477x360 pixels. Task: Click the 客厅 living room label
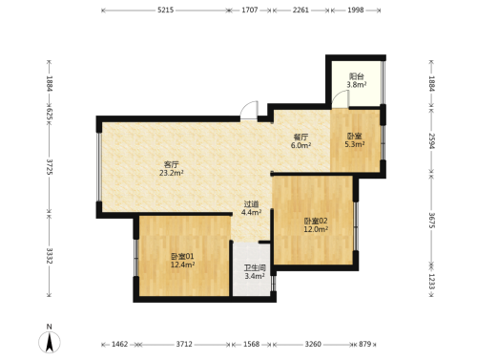point(172,164)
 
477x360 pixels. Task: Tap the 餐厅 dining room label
point(301,137)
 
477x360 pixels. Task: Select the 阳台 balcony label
point(356,76)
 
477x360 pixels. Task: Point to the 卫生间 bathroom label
point(255,268)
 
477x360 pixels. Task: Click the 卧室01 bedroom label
point(182,256)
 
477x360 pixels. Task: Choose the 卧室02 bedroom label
point(316,221)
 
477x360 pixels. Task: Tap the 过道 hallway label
point(251,204)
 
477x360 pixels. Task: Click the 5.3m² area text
point(355,144)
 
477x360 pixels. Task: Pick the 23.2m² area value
point(172,173)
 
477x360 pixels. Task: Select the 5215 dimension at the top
point(166,10)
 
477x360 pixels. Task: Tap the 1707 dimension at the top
point(250,10)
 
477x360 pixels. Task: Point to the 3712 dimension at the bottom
point(184,344)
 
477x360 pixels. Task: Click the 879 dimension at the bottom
point(365,344)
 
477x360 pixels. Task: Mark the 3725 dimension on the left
point(50,167)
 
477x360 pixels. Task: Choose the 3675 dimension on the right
point(431,221)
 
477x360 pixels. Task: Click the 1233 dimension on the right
point(431,282)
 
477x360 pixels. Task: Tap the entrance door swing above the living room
point(249,110)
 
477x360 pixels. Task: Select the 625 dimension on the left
point(50,115)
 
